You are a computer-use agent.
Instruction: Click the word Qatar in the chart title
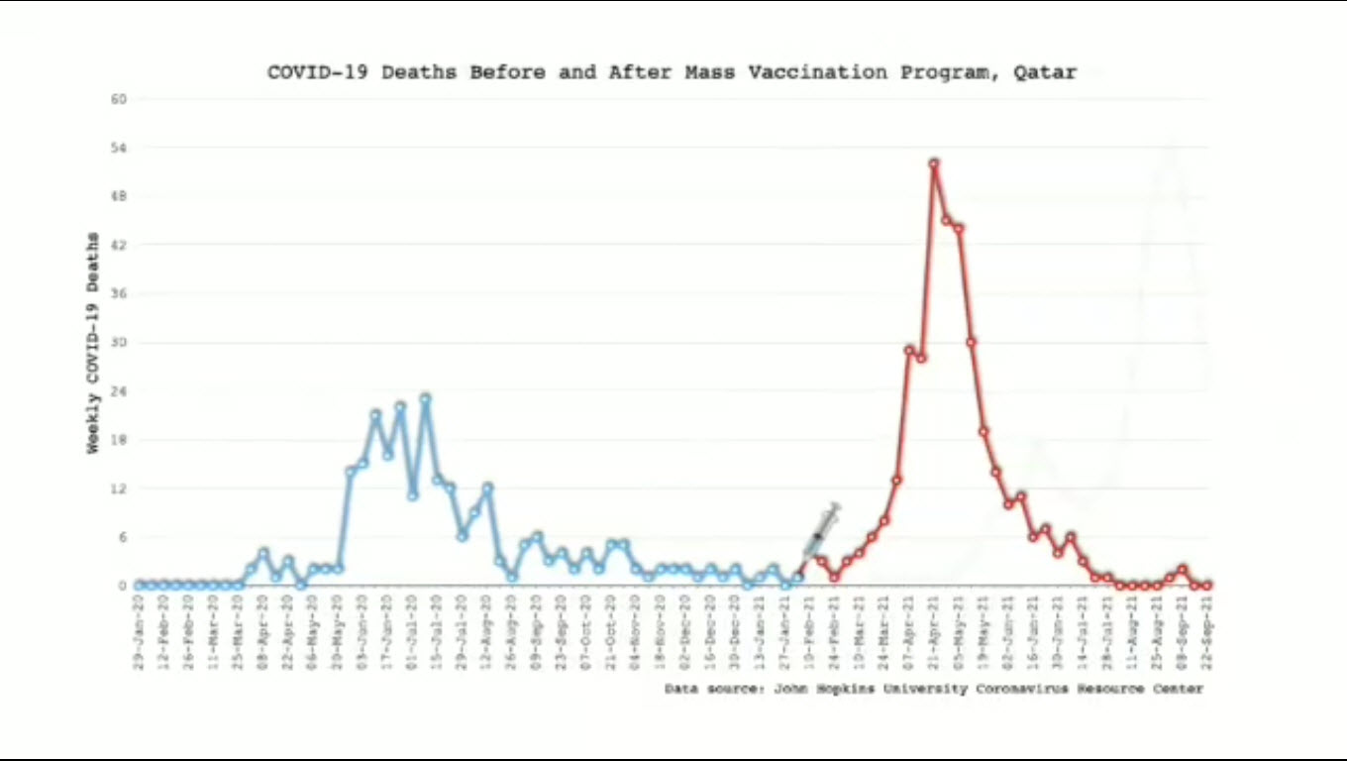[x=1045, y=72]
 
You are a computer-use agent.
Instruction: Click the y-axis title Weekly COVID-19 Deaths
[x=93, y=343]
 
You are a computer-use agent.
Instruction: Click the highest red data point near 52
[x=934, y=163]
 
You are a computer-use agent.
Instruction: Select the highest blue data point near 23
[x=425, y=398]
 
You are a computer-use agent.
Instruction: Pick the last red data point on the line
[x=1207, y=586]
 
